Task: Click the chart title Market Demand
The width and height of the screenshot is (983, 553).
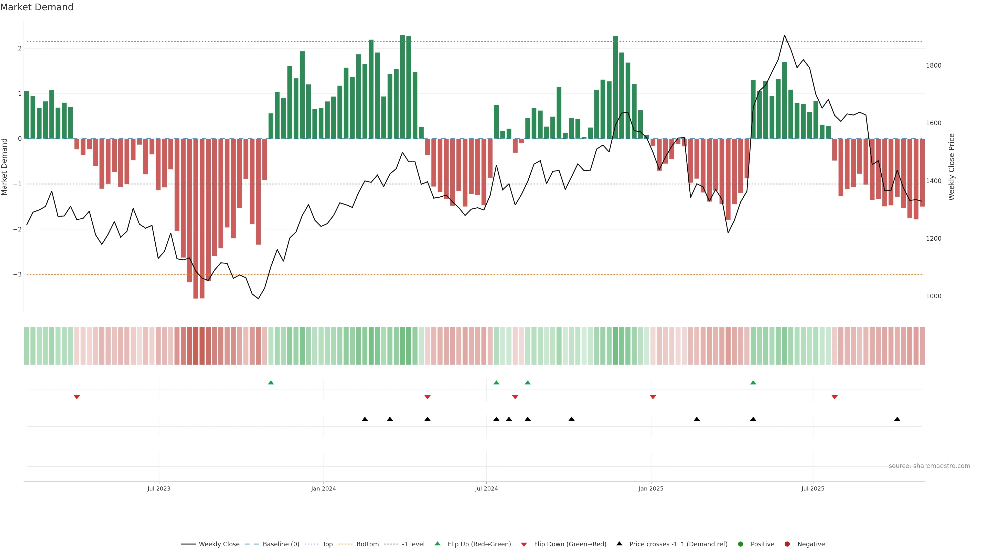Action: point(37,7)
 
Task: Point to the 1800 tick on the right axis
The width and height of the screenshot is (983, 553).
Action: point(933,66)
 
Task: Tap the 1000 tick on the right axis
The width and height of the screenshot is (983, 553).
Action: point(933,296)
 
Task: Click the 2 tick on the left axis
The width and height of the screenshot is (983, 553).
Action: point(19,48)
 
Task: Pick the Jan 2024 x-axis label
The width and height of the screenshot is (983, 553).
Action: point(323,488)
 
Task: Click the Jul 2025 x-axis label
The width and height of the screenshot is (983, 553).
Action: point(813,488)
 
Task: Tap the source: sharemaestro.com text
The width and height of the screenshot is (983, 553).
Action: point(929,466)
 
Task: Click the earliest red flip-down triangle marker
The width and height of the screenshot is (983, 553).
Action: point(77,397)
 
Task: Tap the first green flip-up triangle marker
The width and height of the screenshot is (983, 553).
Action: point(271,382)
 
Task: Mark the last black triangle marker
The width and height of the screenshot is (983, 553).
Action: point(897,419)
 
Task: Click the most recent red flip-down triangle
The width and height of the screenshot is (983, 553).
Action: point(835,397)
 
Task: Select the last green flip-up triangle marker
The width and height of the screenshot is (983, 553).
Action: point(753,382)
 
